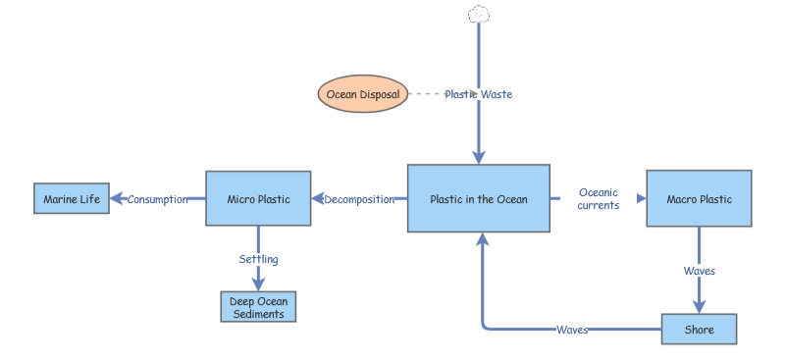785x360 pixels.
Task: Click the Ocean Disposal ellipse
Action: click(362, 94)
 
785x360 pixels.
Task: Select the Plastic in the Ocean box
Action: click(479, 199)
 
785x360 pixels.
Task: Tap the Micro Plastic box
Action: click(258, 199)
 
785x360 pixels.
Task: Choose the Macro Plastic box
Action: click(699, 199)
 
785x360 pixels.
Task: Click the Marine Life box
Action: click(72, 199)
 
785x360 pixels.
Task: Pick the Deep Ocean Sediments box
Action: click(258, 307)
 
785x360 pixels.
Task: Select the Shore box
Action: click(699, 330)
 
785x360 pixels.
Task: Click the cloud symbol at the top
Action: click(479, 14)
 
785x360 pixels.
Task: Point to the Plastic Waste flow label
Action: click(478, 94)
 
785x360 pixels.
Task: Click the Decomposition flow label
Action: click(359, 199)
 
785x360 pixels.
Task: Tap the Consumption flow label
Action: click(157, 199)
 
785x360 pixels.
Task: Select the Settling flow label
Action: click(258, 259)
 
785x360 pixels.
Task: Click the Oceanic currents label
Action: click(599, 199)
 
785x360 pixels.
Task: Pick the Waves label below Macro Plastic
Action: click(699, 271)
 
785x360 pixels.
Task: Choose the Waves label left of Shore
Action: click(572, 330)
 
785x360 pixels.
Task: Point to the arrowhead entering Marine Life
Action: click(117, 199)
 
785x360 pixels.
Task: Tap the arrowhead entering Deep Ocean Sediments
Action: click(258, 284)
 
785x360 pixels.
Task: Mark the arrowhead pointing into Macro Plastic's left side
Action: click(641, 198)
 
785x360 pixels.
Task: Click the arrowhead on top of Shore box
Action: click(699, 307)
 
